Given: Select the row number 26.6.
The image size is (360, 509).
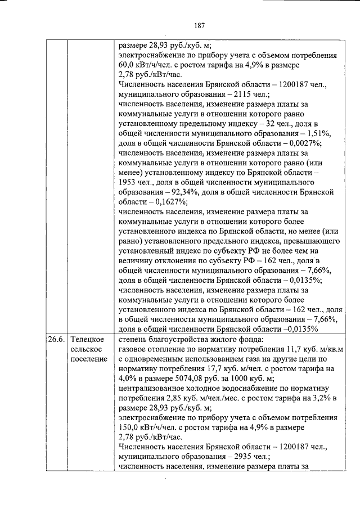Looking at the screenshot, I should pyautogui.click(x=56, y=340).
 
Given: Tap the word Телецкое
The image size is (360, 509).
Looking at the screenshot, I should pyautogui.click(x=87, y=340).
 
